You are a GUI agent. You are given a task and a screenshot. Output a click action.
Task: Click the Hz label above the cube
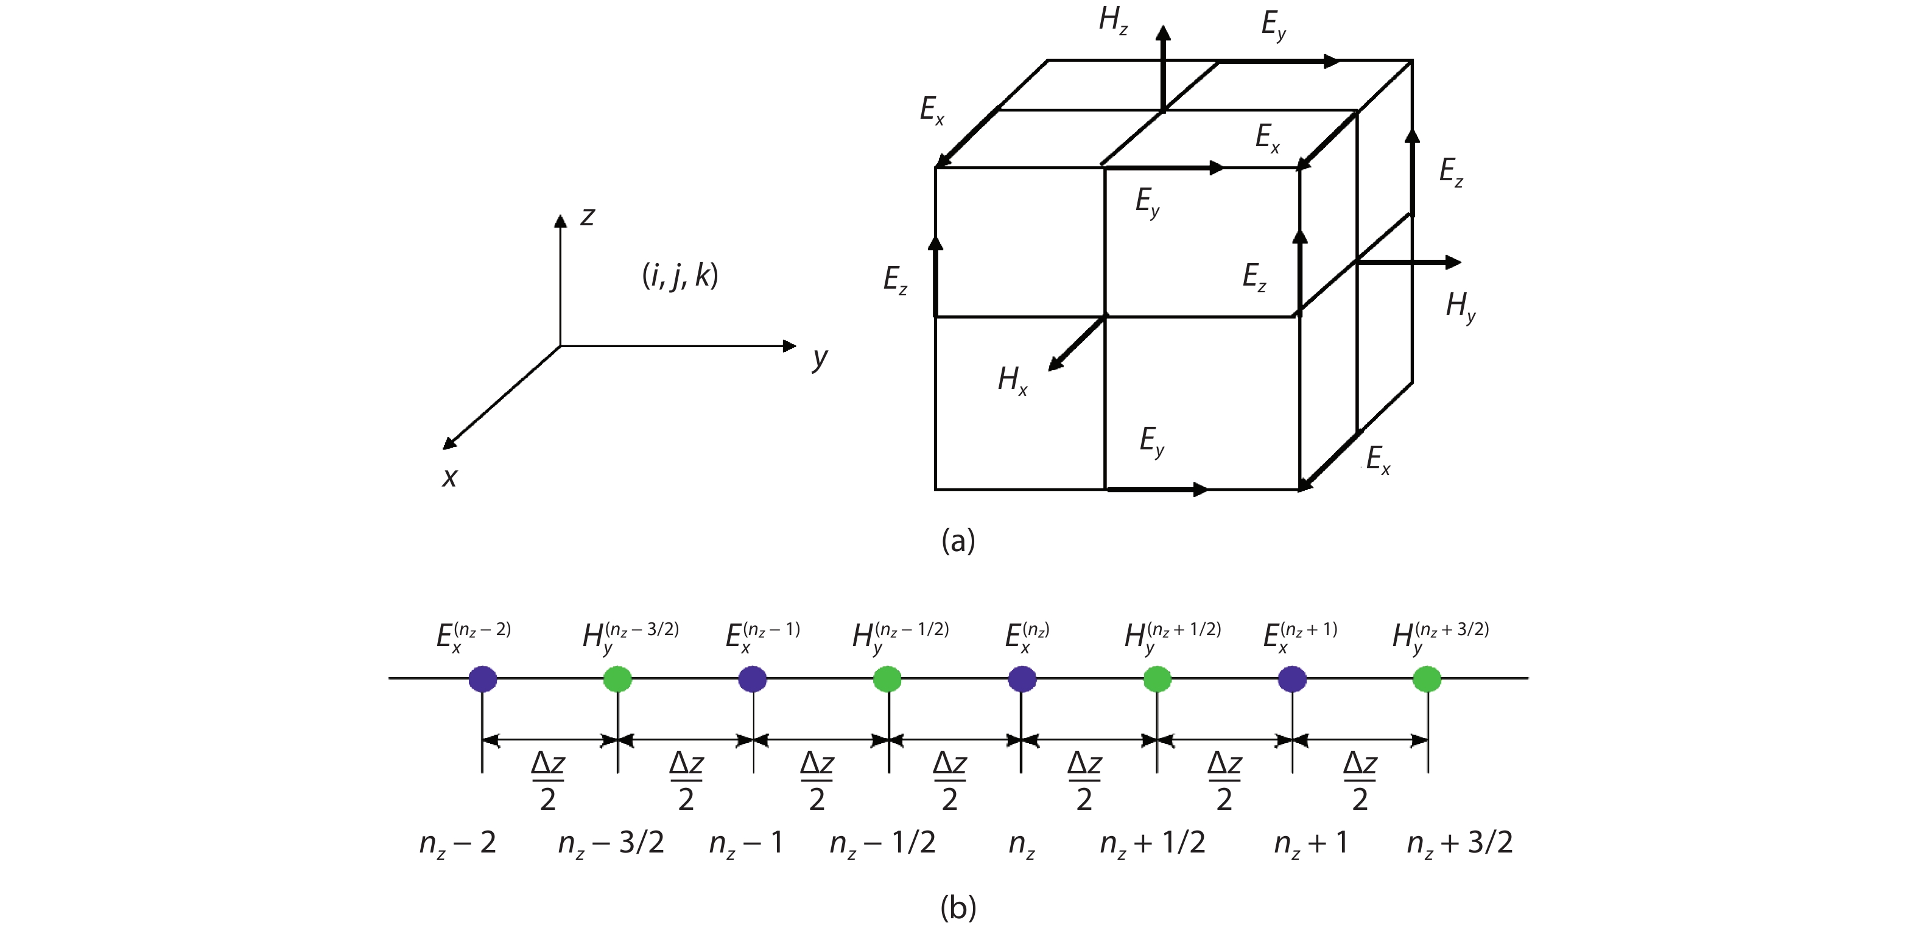tap(1113, 20)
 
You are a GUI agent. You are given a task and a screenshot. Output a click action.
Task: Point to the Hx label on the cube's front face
tap(1013, 381)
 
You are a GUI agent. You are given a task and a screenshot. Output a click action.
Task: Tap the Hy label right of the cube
tap(1461, 306)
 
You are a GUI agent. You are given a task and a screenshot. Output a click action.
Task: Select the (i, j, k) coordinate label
tap(680, 276)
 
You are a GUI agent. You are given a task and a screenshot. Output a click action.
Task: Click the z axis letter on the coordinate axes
tap(588, 216)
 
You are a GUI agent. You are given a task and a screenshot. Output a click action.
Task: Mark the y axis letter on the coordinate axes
tap(820, 358)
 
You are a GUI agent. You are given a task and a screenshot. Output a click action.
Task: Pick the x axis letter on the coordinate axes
tap(450, 477)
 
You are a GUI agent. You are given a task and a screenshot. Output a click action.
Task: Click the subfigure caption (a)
tap(958, 540)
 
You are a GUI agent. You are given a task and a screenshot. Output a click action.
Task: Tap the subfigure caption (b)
tap(958, 907)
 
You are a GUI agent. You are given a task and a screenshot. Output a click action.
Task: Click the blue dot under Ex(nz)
tap(1022, 678)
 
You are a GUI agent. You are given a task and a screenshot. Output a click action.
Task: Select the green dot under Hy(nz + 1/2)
tap(1157, 678)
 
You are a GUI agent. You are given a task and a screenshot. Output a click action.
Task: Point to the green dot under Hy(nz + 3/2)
tap(1427, 678)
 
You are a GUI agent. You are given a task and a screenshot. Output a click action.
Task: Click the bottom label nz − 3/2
tap(611, 843)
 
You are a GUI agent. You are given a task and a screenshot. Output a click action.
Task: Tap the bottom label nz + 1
tap(1310, 843)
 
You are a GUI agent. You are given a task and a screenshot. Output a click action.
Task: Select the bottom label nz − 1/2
tap(882, 843)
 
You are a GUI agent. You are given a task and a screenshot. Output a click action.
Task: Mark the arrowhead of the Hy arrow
tap(1453, 262)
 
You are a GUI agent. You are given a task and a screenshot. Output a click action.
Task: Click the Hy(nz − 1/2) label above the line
tap(900, 638)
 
